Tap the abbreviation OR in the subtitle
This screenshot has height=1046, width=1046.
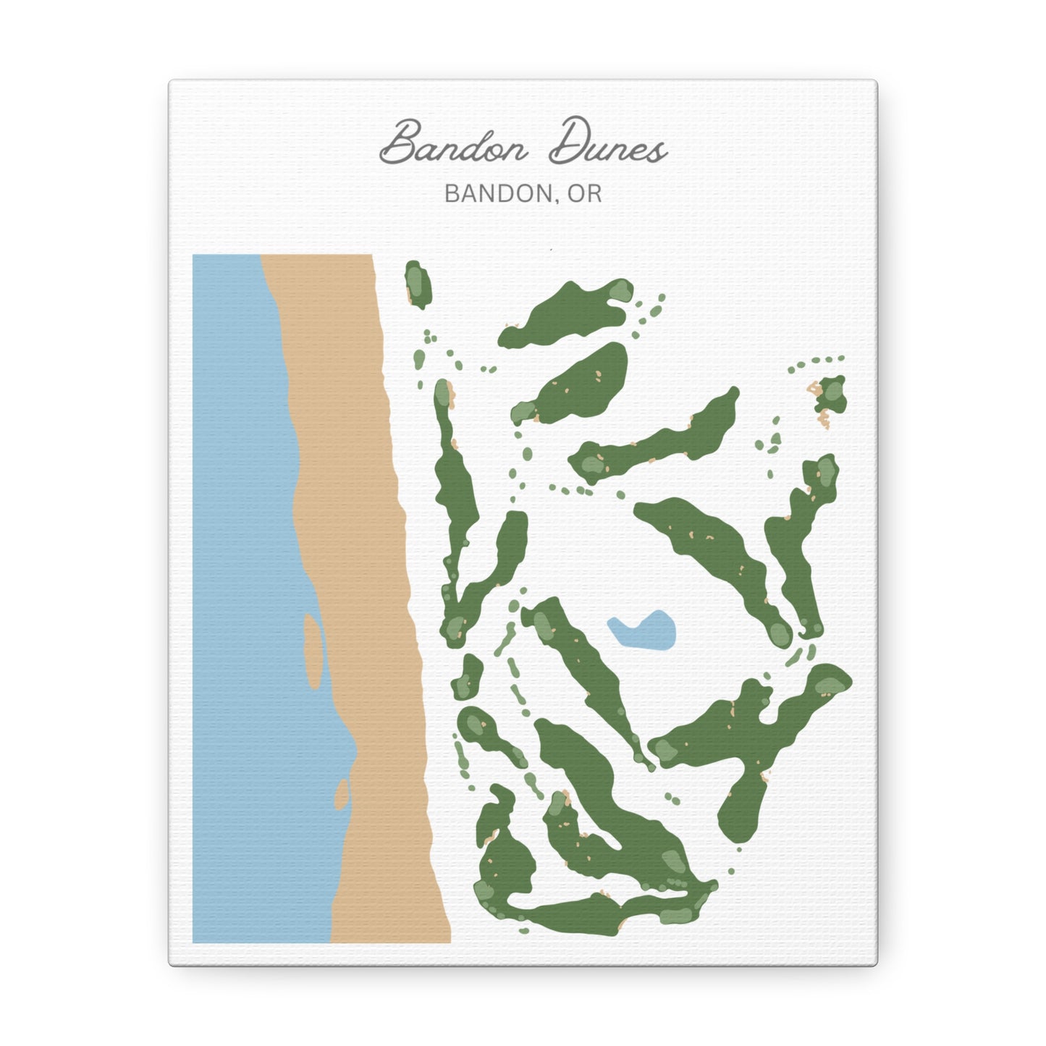point(585,193)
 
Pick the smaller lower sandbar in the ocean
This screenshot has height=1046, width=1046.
point(341,793)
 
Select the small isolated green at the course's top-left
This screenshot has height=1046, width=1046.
point(418,284)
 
